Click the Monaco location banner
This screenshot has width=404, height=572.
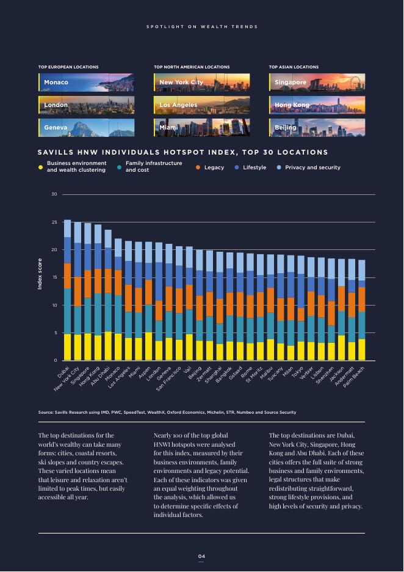85,82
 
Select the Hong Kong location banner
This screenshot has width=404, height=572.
316,105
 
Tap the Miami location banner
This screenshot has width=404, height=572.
201,128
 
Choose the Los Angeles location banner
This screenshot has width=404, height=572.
201,105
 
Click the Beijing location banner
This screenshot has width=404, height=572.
316,128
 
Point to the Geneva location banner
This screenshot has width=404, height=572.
85,128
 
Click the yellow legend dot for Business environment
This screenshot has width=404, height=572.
41,167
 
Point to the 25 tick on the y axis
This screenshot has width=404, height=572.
55,222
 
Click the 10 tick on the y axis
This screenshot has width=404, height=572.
55,306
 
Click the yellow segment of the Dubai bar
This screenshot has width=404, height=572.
67,347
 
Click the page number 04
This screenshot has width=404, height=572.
201,556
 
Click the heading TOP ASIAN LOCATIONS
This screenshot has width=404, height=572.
294,67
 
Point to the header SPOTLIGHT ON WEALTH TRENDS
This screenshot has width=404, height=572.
201,27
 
